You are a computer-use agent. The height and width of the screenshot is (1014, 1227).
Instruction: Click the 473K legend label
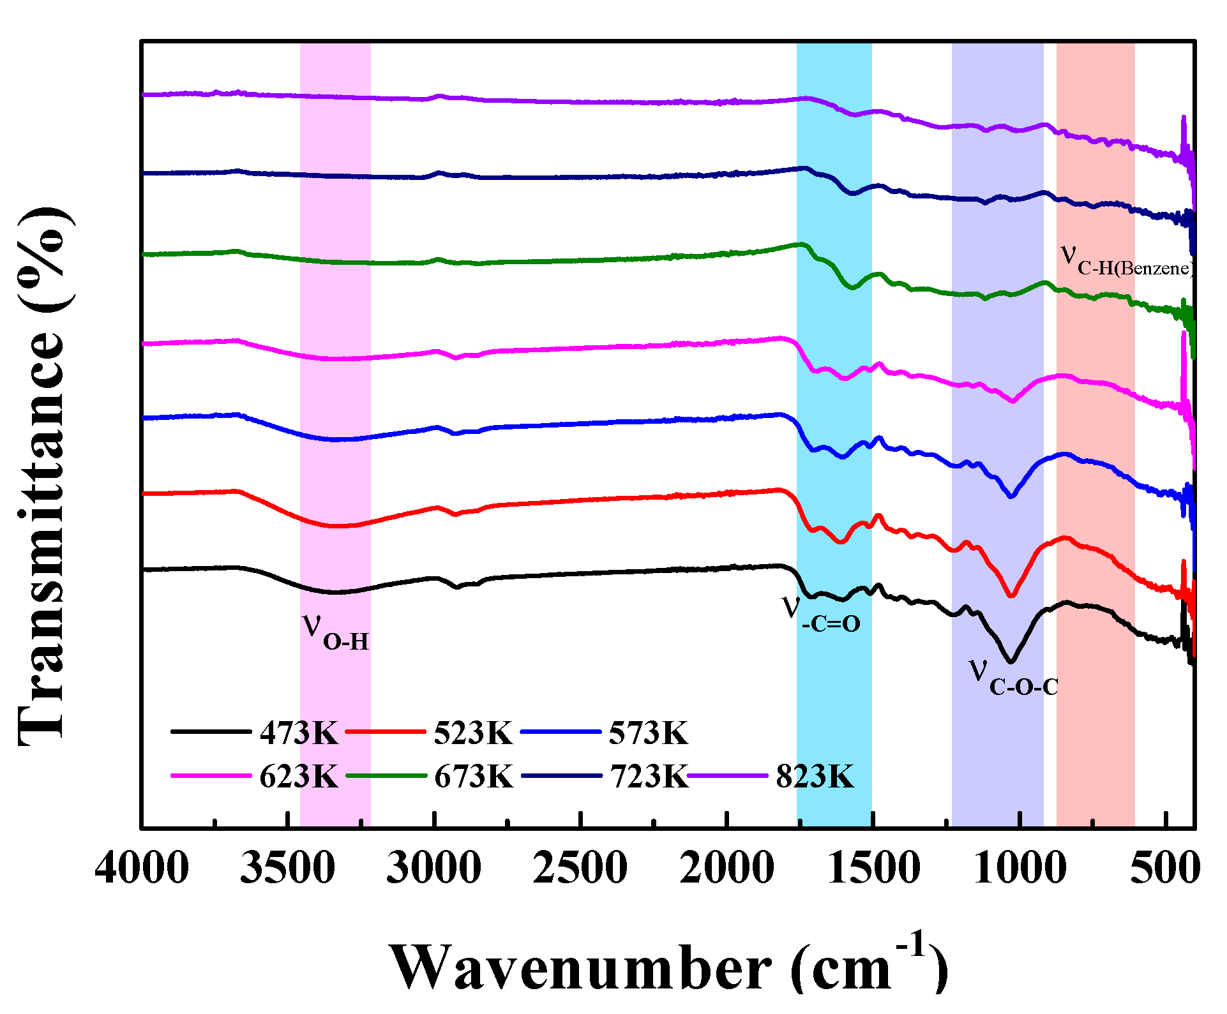point(299,733)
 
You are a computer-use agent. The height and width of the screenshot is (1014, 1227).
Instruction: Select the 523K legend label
point(473,733)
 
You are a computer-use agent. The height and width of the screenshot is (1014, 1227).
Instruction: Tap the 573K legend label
point(648,733)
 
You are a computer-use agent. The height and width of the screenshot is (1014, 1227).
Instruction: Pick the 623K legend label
point(299,777)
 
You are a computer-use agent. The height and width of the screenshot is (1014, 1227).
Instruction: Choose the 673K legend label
point(474,777)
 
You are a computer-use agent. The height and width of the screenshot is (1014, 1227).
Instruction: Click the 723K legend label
point(649,777)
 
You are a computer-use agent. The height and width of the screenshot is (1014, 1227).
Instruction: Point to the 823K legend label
point(815,777)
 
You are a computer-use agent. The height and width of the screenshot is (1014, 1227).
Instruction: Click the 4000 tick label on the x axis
point(142,869)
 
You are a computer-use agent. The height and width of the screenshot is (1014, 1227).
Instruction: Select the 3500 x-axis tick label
point(287,869)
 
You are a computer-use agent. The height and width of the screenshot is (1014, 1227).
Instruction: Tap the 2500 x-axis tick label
point(580,869)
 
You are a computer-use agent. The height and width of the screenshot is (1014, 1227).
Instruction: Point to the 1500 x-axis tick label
point(873,869)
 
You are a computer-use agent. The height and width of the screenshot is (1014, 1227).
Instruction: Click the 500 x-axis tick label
point(1165,869)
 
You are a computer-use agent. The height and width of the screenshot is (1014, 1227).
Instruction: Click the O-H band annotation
point(336,632)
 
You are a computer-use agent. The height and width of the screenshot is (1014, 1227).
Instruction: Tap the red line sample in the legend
point(386,732)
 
